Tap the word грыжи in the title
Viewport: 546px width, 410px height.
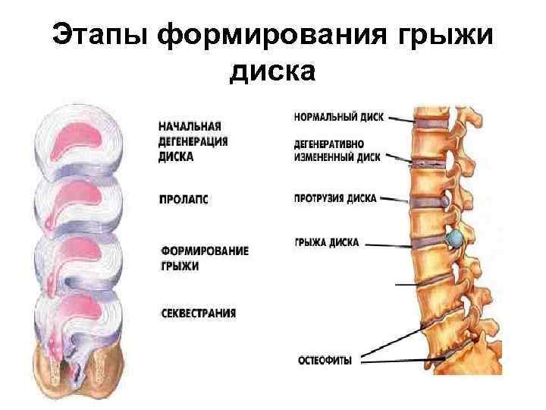tap(447, 35)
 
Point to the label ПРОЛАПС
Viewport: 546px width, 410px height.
tap(184, 200)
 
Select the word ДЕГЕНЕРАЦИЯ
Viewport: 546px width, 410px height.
tap(194, 141)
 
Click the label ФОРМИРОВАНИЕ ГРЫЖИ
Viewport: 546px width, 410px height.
tap(205, 258)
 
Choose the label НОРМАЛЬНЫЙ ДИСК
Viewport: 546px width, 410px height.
tap(338, 117)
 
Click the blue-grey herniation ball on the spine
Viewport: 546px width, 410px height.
tap(454, 240)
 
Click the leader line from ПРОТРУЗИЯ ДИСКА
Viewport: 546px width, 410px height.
tap(394, 198)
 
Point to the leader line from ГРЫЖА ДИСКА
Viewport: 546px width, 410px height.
tap(389, 244)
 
